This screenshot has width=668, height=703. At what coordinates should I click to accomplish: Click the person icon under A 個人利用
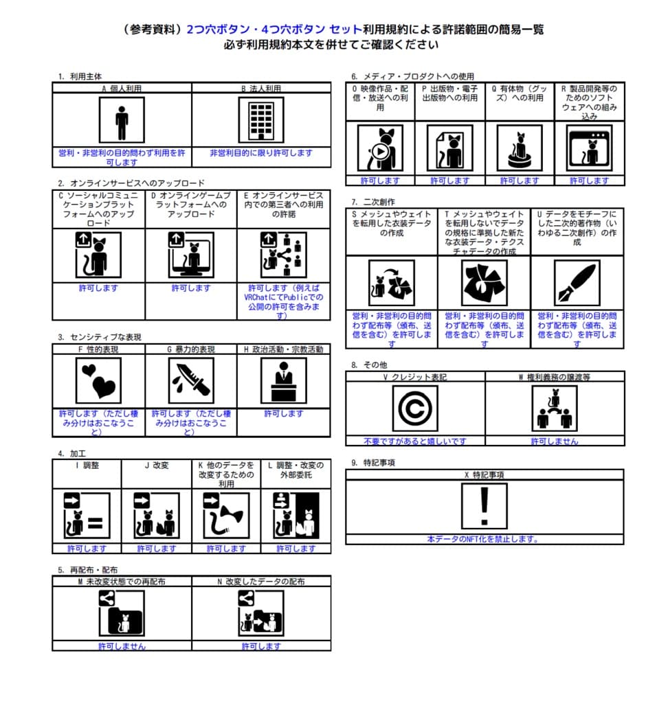coord(122,120)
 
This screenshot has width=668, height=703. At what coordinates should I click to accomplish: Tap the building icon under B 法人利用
coord(260,120)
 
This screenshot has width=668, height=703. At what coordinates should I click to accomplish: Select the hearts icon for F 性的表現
coord(98,380)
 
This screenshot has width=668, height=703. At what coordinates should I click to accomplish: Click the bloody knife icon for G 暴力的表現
coord(191,380)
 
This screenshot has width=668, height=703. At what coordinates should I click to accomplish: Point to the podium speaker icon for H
coord(283,380)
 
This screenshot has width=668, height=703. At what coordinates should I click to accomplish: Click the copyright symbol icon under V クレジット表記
coord(415,408)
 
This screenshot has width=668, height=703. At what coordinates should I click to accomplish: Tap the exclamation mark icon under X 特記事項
coord(485,506)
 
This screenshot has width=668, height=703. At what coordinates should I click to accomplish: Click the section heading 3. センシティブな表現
coord(100,337)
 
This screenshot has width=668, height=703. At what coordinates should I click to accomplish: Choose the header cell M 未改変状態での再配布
coord(122,581)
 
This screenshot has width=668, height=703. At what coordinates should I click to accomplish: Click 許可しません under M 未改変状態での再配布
coord(122,646)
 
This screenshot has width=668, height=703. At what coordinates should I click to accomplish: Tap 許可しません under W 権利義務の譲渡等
coord(555,441)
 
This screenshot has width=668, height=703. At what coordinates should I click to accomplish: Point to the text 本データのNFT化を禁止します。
coord(485,539)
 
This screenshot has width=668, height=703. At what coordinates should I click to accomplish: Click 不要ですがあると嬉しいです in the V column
coord(415,441)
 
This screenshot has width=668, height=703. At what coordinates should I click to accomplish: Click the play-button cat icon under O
coord(379,148)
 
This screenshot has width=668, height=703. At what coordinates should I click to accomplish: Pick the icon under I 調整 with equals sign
coord(87,516)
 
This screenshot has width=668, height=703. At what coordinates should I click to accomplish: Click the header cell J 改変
coord(156,465)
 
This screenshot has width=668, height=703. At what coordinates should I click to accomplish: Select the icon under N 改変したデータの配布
coord(260,613)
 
